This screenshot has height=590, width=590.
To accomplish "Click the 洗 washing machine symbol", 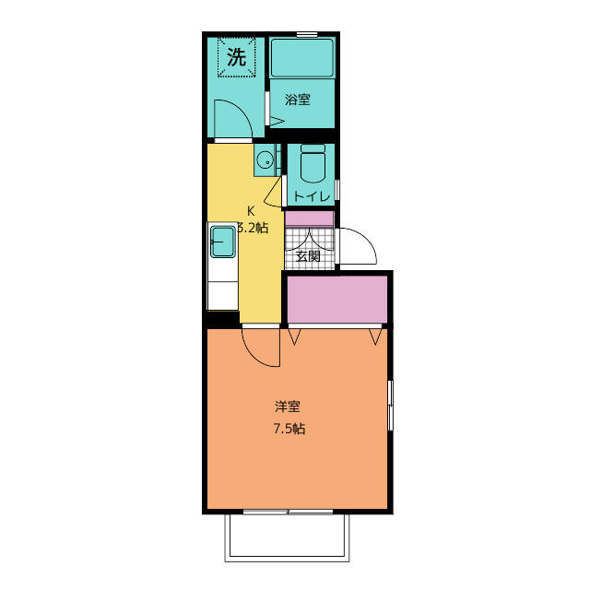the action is coord(237,57).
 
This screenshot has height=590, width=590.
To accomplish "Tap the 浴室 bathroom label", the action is coord(298,100).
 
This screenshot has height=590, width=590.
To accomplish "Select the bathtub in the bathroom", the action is coord(302,57).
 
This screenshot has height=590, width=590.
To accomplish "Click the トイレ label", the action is coord(312,196).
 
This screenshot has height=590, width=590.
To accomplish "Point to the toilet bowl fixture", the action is coord(313,164).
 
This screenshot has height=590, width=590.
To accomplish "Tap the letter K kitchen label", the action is coord(250,211).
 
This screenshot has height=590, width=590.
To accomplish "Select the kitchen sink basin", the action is coord(223,242).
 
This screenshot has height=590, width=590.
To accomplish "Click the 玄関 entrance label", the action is coord(308,256).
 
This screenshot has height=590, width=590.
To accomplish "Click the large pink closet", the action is coord(337,300).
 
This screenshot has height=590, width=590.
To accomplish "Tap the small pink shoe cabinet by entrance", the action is coord(310,218).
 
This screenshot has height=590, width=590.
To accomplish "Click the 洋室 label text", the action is coord(287,407).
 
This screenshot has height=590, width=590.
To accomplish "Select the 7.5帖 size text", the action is coord(289,429).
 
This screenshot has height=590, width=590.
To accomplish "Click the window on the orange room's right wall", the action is coord(390,406).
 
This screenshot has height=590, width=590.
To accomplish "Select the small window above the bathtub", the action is coord(307,35).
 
